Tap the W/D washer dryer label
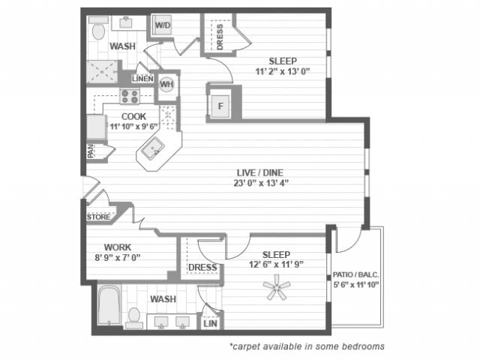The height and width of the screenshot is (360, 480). tap(163, 25)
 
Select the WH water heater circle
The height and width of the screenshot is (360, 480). tap(166, 85)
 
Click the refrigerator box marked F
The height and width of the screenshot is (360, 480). tap(221, 104)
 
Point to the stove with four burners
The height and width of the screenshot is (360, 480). tap(130, 96)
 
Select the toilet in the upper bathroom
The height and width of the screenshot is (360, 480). tap(98, 31)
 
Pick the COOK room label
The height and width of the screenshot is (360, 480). tap(133, 116)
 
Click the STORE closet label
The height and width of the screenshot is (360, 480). tap(98, 217)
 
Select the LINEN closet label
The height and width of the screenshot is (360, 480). tap(142, 79)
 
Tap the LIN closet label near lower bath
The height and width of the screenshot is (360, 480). tap(209, 323)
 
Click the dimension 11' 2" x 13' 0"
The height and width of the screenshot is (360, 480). tap(282, 73)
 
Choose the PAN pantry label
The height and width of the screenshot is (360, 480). tap(90, 151)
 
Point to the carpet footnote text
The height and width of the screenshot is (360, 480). tap(307, 346)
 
